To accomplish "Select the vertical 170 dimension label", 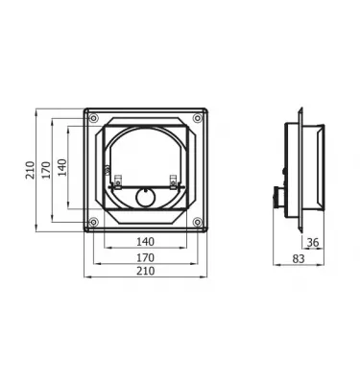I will click(46, 170).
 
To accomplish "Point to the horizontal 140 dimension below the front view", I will click(145, 241).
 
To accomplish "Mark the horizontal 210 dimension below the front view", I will click(145, 272).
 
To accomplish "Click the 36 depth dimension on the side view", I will click(313, 242).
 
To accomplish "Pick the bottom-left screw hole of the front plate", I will click(92, 224).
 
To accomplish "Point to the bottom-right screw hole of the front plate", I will click(198, 224).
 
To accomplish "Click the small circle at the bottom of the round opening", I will click(145, 199).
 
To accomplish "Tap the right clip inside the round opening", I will click(173, 182).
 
